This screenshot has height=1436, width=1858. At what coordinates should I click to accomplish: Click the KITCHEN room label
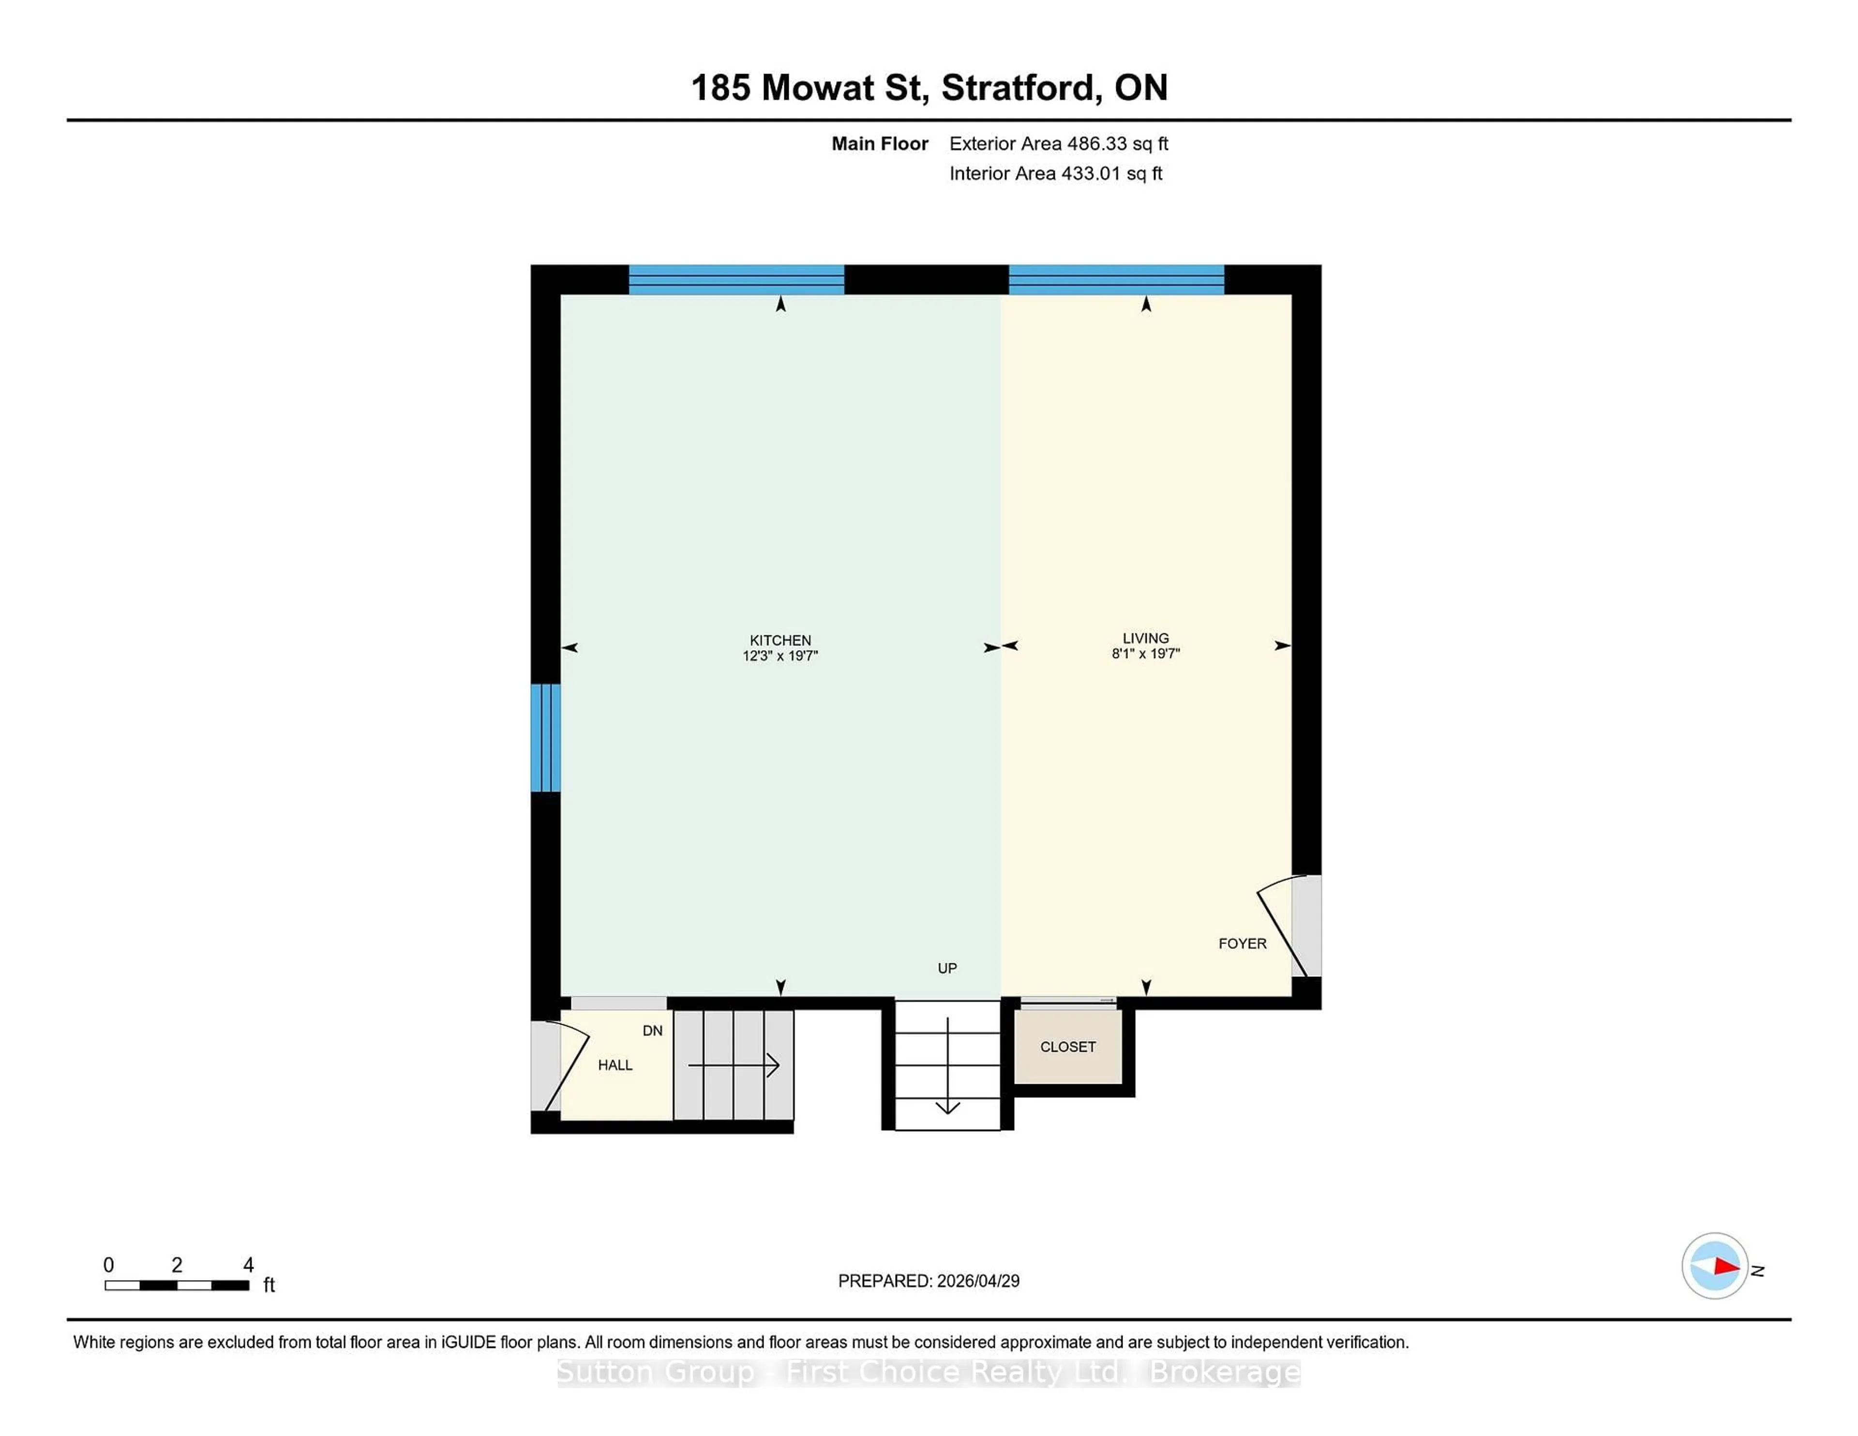[x=779, y=640]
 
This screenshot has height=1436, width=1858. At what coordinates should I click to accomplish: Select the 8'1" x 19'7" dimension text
[x=1145, y=653]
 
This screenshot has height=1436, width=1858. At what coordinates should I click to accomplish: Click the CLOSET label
[x=1068, y=1047]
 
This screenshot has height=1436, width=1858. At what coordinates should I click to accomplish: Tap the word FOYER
[x=1242, y=943]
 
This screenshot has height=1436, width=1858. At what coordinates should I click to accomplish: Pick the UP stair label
[x=947, y=968]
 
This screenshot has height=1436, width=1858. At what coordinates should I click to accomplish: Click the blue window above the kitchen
[x=736, y=279]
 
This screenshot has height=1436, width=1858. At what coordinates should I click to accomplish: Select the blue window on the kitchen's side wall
[x=545, y=737]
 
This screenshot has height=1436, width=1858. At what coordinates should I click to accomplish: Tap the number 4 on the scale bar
[x=248, y=1265]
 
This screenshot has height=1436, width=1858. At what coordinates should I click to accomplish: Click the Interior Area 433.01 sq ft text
[x=1055, y=174]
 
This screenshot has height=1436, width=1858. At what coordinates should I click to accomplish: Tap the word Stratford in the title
[x=1019, y=88]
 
